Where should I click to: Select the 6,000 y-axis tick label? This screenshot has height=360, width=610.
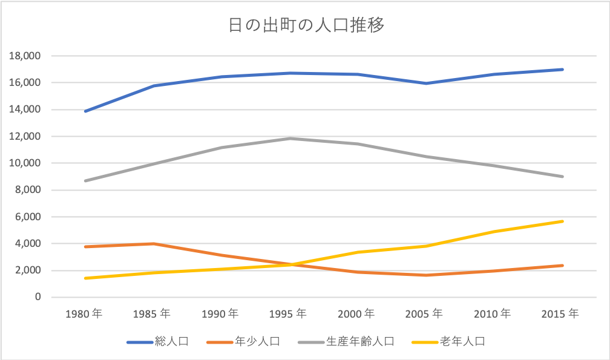coord(28,217)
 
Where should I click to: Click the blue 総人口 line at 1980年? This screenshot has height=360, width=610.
coord(86,111)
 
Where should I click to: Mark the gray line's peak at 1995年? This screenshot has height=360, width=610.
coord(290,139)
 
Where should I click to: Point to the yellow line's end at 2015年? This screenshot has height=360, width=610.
coord(562,221)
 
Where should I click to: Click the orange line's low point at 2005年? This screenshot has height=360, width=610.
coord(426,275)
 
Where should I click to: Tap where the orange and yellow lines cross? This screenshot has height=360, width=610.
coord(291,264)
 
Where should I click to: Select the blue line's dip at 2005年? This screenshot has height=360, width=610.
coord(426,83)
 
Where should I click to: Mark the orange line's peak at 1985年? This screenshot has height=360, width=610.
coord(154,244)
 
